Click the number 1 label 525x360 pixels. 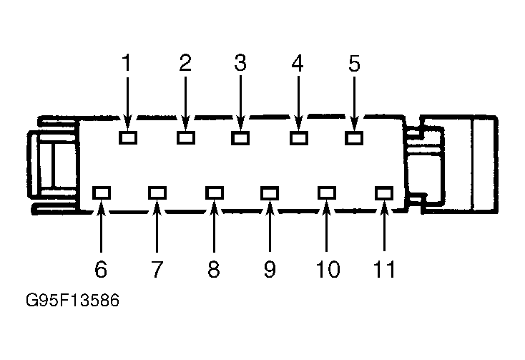[127, 62]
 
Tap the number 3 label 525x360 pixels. [240, 62]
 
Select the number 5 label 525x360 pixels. [354, 63]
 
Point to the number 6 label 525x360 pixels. [101, 269]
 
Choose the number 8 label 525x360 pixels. [214, 269]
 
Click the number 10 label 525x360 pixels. [328, 269]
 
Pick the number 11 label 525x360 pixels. [384, 269]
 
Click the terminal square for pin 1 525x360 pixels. [128, 137]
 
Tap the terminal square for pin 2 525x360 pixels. [186, 137]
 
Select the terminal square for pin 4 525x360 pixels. [299, 138]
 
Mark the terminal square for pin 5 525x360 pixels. [354, 138]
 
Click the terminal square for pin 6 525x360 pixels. [102, 193]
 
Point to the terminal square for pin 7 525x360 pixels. [157, 193]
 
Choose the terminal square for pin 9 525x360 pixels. [270, 193]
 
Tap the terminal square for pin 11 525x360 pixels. [384, 193]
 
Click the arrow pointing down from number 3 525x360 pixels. [240, 103]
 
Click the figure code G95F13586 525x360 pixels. [72, 300]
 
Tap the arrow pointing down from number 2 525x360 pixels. [185, 103]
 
